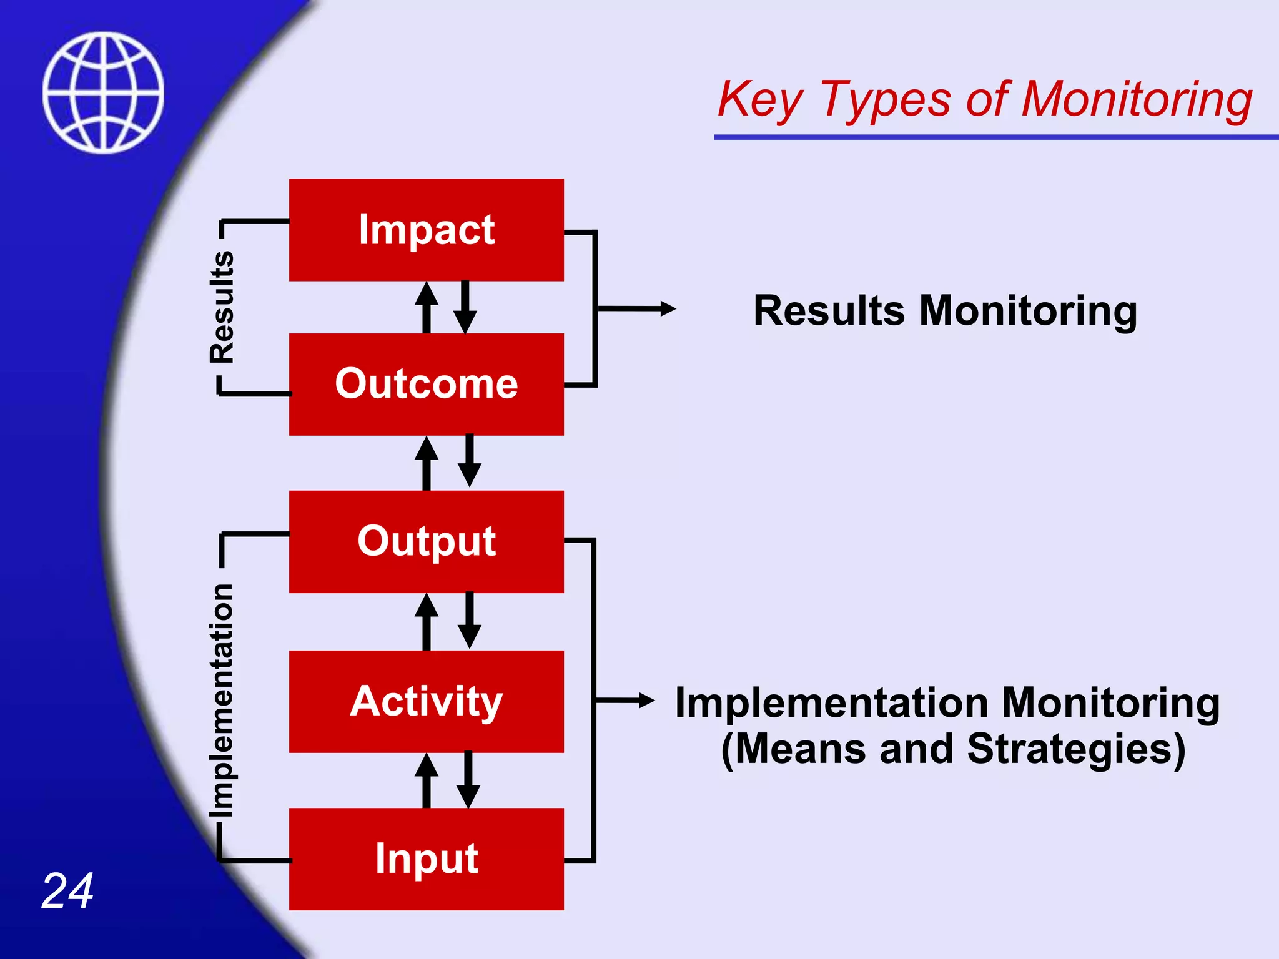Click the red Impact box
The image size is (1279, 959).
coord(426,230)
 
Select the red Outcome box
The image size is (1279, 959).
coord(426,384)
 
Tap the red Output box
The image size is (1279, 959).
coord(426,541)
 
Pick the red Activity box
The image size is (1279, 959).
coord(426,701)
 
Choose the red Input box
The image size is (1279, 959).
coord(426,858)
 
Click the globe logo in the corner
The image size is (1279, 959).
coord(103,92)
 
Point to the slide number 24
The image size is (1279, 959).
coord(67,891)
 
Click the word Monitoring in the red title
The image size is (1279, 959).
coord(1137,100)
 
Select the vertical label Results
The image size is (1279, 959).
coord(222,307)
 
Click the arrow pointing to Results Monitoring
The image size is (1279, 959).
coord(637,308)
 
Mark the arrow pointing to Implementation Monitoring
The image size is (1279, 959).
coord(625,701)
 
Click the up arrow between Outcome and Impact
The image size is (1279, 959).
coord(427,307)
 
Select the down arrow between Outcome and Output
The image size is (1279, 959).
coord(470,461)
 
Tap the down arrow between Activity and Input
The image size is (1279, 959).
coord(468,780)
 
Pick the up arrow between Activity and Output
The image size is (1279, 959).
coord(427,622)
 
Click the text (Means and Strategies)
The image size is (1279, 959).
coord(952,749)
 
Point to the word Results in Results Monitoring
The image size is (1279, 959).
coord(829,311)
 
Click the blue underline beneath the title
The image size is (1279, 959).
coord(995,137)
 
